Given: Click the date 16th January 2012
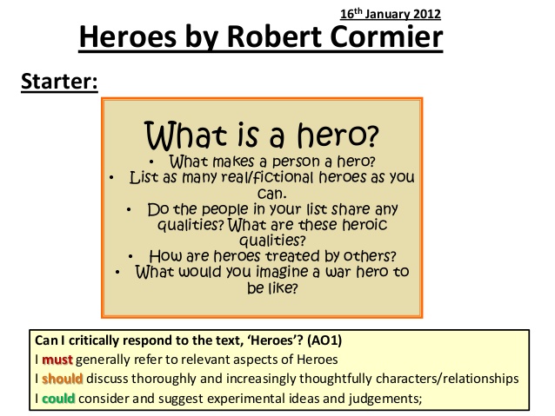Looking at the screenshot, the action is tap(391, 14).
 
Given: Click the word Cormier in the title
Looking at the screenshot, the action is tap(386, 36).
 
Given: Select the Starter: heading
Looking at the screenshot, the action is tap(59, 82).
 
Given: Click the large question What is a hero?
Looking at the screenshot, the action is tap(261, 135).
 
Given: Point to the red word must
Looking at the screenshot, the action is tap(57, 360).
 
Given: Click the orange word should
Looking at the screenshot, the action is tap(63, 379).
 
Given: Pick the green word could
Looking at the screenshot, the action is tap(58, 399).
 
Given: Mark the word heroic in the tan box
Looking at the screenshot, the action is tap(364, 225).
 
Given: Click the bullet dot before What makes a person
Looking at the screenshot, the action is tap(151, 162).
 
